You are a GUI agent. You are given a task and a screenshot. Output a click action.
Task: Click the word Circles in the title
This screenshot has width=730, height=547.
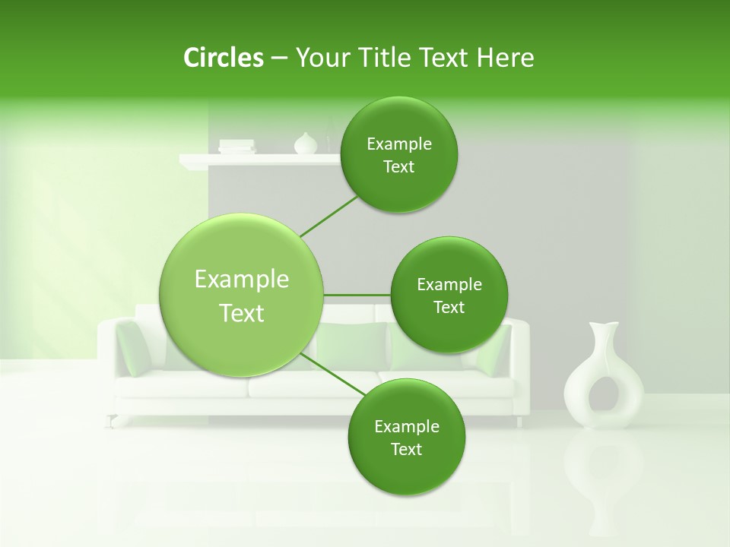pyautogui.click(x=223, y=58)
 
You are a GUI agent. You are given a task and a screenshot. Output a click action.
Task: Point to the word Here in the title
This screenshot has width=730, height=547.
pyautogui.click(x=505, y=58)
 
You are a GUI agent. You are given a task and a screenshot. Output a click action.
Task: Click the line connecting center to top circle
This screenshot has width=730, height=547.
pyautogui.click(x=328, y=217)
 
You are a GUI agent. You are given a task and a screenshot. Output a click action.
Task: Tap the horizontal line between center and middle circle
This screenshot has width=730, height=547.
pyautogui.click(x=357, y=295)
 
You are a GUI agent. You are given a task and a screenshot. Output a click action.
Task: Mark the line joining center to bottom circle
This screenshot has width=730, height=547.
pyautogui.click(x=332, y=374)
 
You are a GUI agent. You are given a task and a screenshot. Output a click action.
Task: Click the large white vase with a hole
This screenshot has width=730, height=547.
pyautogui.click(x=603, y=380)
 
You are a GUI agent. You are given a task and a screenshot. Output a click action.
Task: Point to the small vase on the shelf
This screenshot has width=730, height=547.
pyautogui.click(x=305, y=144)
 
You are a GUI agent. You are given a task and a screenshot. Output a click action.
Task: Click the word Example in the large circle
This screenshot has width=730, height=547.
pyautogui.click(x=242, y=280)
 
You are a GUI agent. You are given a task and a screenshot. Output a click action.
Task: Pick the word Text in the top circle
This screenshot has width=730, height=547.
pyautogui.click(x=398, y=167)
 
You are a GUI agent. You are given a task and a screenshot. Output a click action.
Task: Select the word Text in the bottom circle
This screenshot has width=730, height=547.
pyautogui.click(x=406, y=449)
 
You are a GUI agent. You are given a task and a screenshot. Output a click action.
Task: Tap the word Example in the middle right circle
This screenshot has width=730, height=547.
pyautogui.click(x=449, y=285)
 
